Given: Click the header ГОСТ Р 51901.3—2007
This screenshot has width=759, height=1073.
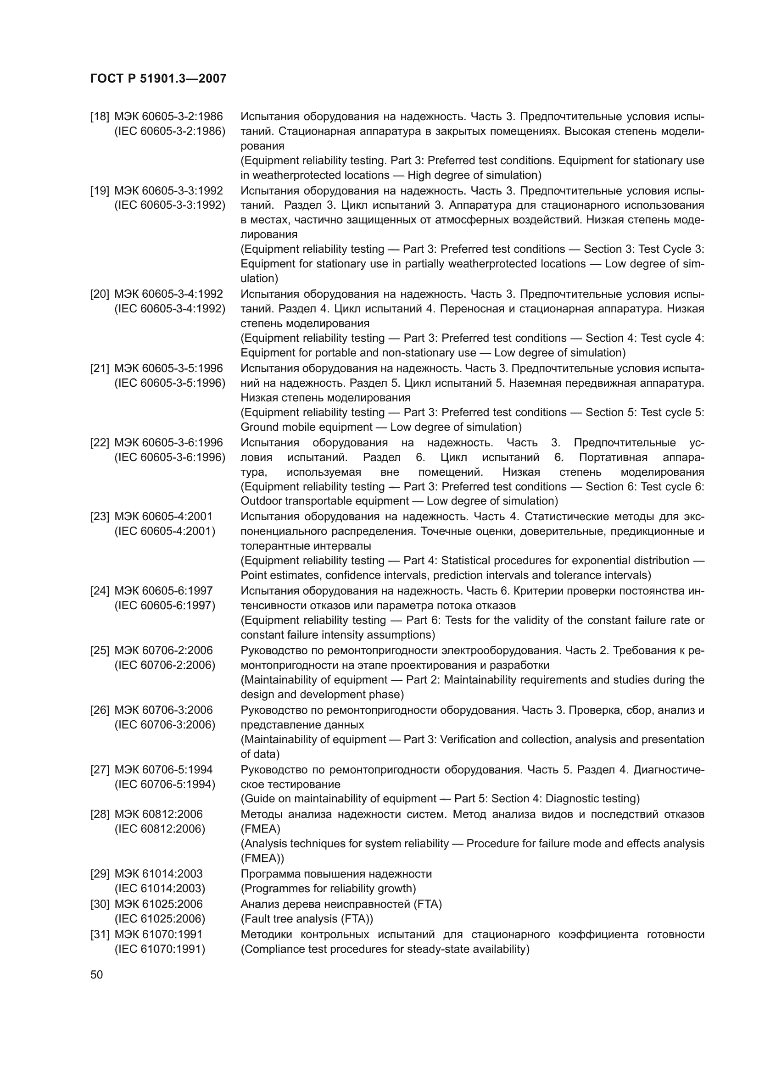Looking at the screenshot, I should [x=158, y=78].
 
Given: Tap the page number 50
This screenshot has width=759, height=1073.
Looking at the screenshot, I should [x=97, y=974].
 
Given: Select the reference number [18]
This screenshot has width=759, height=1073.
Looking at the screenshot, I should [x=99, y=117].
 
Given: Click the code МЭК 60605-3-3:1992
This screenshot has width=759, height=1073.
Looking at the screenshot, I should [x=168, y=191].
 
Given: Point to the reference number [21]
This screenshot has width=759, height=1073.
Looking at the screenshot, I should [x=99, y=368].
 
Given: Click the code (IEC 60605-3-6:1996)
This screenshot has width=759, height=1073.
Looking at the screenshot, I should [x=170, y=457].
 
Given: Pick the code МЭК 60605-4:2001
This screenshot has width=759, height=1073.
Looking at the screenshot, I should [x=163, y=517].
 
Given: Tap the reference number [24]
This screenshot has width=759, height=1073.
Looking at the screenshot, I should [x=99, y=591].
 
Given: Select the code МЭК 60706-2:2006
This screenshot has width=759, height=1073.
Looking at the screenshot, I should [x=163, y=650].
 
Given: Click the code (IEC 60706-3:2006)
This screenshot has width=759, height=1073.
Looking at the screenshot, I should [x=165, y=724].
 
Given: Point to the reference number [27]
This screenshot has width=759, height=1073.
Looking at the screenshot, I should [x=99, y=769].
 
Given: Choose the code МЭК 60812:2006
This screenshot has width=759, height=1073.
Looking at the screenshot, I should [x=158, y=814].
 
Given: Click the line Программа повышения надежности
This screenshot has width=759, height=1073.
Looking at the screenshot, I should [x=336, y=873].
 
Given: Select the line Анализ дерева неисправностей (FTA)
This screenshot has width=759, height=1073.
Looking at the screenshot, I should [x=341, y=904].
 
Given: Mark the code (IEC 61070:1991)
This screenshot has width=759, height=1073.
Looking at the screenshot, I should [x=160, y=949].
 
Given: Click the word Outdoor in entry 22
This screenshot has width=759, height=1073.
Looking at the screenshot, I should [x=261, y=501].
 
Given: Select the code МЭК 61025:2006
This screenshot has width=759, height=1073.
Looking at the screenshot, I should [x=158, y=904].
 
